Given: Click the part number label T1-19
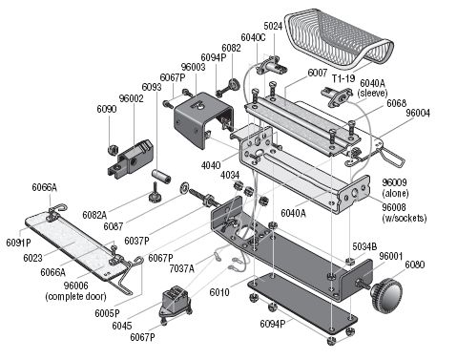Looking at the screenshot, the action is click(343, 78).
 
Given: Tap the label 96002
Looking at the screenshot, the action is click(132, 98).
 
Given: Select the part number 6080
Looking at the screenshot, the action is click(415, 265).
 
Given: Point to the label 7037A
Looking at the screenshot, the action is click(181, 268).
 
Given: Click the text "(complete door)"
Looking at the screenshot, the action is click(75, 297).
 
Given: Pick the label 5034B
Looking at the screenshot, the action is click(364, 246).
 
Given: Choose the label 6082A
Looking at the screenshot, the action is click(94, 215).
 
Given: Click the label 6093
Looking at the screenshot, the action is click(152, 87).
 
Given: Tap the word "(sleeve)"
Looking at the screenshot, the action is click(372, 94).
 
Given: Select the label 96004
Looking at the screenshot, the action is click(418, 113).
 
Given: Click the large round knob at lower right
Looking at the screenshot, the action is click(386, 293).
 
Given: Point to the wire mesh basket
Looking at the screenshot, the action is click(339, 39).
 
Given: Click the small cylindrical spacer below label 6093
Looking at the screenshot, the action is click(161, 176).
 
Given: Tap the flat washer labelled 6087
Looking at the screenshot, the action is click(184, 187).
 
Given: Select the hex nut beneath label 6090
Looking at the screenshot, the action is click(113, 149).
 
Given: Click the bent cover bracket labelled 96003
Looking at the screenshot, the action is click(202, 120).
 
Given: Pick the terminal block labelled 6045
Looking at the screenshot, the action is click(176, 302).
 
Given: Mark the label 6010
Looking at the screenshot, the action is click(219, 292).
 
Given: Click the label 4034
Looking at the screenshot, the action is click(230, 175).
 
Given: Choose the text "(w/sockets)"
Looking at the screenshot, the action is click(405, 218).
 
